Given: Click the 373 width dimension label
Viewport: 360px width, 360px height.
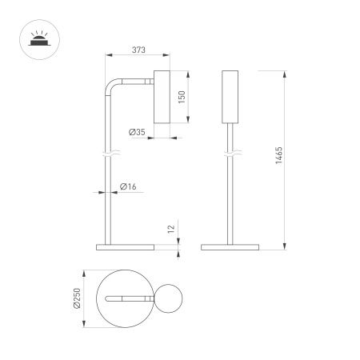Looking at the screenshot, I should [x=138, y=50].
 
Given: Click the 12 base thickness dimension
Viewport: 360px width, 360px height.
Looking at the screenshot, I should [x=170, y=230].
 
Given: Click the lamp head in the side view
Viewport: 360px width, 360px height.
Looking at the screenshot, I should [x=160, y=97].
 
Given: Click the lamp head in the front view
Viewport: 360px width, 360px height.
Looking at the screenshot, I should [x=230, y=97].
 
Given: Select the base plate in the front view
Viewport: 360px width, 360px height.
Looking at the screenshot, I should [x=230, y=246].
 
